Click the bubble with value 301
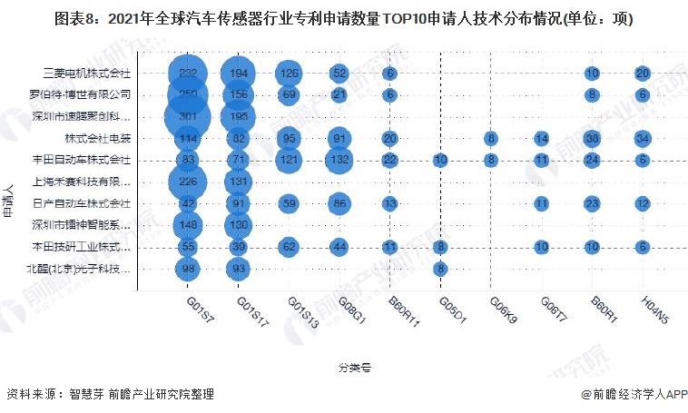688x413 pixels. [x=188, y=116]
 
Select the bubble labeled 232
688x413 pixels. [x=188, y=73]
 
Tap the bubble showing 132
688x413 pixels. [x=339, y=160]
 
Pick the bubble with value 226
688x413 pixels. [x=188, y=181]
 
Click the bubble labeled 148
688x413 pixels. [x=188, y=224]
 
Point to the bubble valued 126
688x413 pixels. [x=289, y=73]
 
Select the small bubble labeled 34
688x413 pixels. [x=642, y=138]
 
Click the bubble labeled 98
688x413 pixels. [x=188, y=268]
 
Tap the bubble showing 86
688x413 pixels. [x=339, y=202]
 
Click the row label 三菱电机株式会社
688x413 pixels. [x=88, y=73]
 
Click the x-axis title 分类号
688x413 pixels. [x=354, y=368]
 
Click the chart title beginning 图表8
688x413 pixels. [x=343, y=18]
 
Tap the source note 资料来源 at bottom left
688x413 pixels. [x=110, y=395]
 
